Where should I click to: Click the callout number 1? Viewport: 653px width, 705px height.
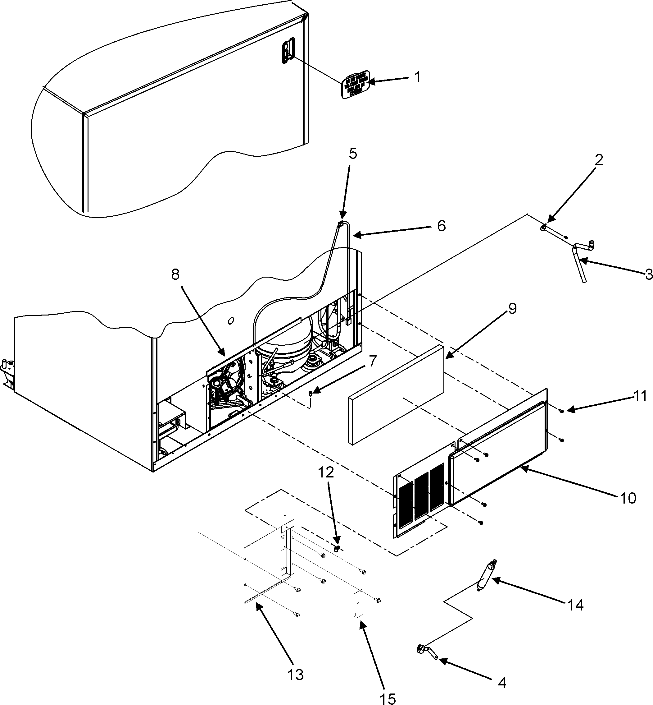coord(418,77)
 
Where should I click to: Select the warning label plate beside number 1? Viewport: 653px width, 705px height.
coord(356,85)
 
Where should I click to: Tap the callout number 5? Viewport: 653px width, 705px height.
coord(353,154)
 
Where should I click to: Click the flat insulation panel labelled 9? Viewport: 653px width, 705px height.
coord(396,394)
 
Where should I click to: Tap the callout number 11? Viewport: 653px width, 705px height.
coord(640,396)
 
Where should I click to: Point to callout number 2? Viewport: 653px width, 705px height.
coord(599,160)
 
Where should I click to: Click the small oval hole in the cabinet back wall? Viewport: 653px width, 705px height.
coord(231,321)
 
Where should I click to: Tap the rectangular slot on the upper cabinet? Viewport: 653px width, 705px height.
coord(288,51)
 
